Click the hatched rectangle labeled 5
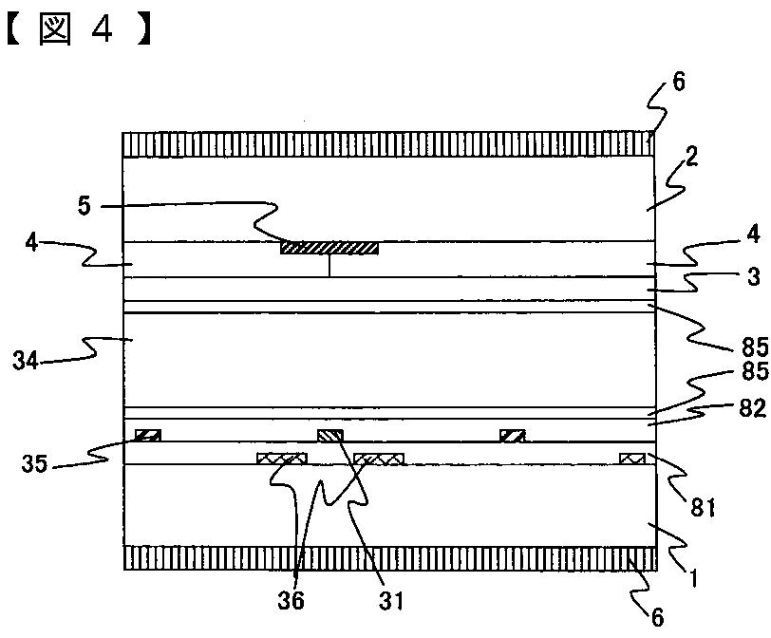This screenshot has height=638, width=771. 329,248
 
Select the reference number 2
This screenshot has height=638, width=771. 691,158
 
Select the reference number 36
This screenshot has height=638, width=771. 296,599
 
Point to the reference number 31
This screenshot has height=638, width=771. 390,599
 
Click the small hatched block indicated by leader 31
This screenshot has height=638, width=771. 329,436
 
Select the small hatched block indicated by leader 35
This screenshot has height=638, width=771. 147,436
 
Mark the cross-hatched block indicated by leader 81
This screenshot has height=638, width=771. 632,460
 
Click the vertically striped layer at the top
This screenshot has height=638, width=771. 388,144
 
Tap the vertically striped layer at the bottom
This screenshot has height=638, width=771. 388,557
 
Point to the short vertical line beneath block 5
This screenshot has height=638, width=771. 329,265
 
